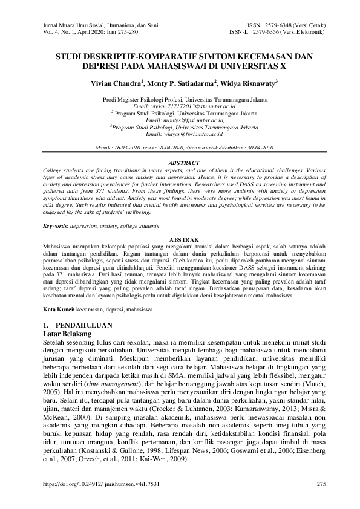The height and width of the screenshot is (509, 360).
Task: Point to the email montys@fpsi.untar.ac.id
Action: coord(181,120)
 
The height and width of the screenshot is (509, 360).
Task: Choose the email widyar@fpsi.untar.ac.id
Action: coord(181,135)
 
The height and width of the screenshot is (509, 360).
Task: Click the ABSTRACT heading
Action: coord(180,163)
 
